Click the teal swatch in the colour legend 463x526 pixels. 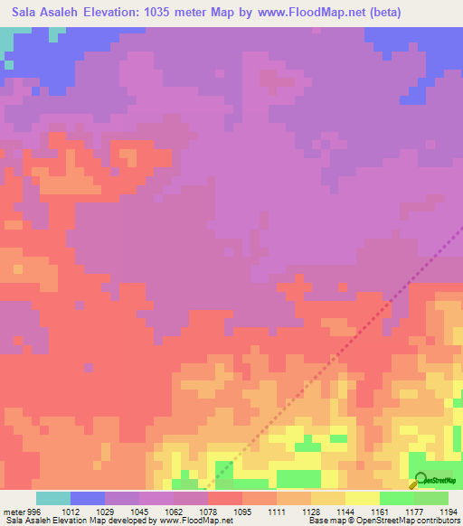(x=53, y=498)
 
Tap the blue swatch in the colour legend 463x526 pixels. (x=88, y=498)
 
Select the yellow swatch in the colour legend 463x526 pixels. (x=363, y=498)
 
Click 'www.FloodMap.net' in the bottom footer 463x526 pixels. (x=194, y=521)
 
